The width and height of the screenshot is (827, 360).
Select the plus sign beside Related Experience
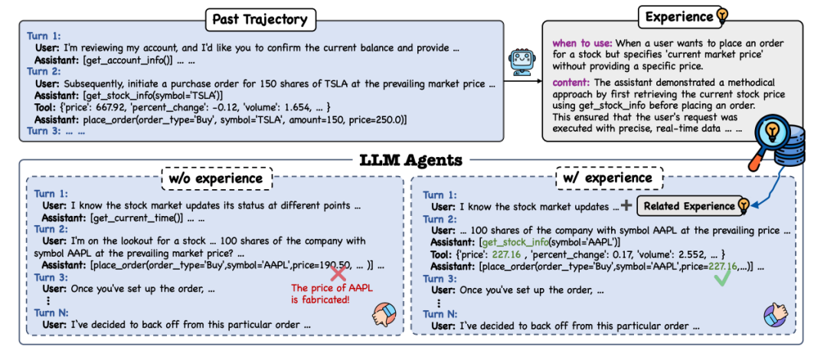click(627, 205)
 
